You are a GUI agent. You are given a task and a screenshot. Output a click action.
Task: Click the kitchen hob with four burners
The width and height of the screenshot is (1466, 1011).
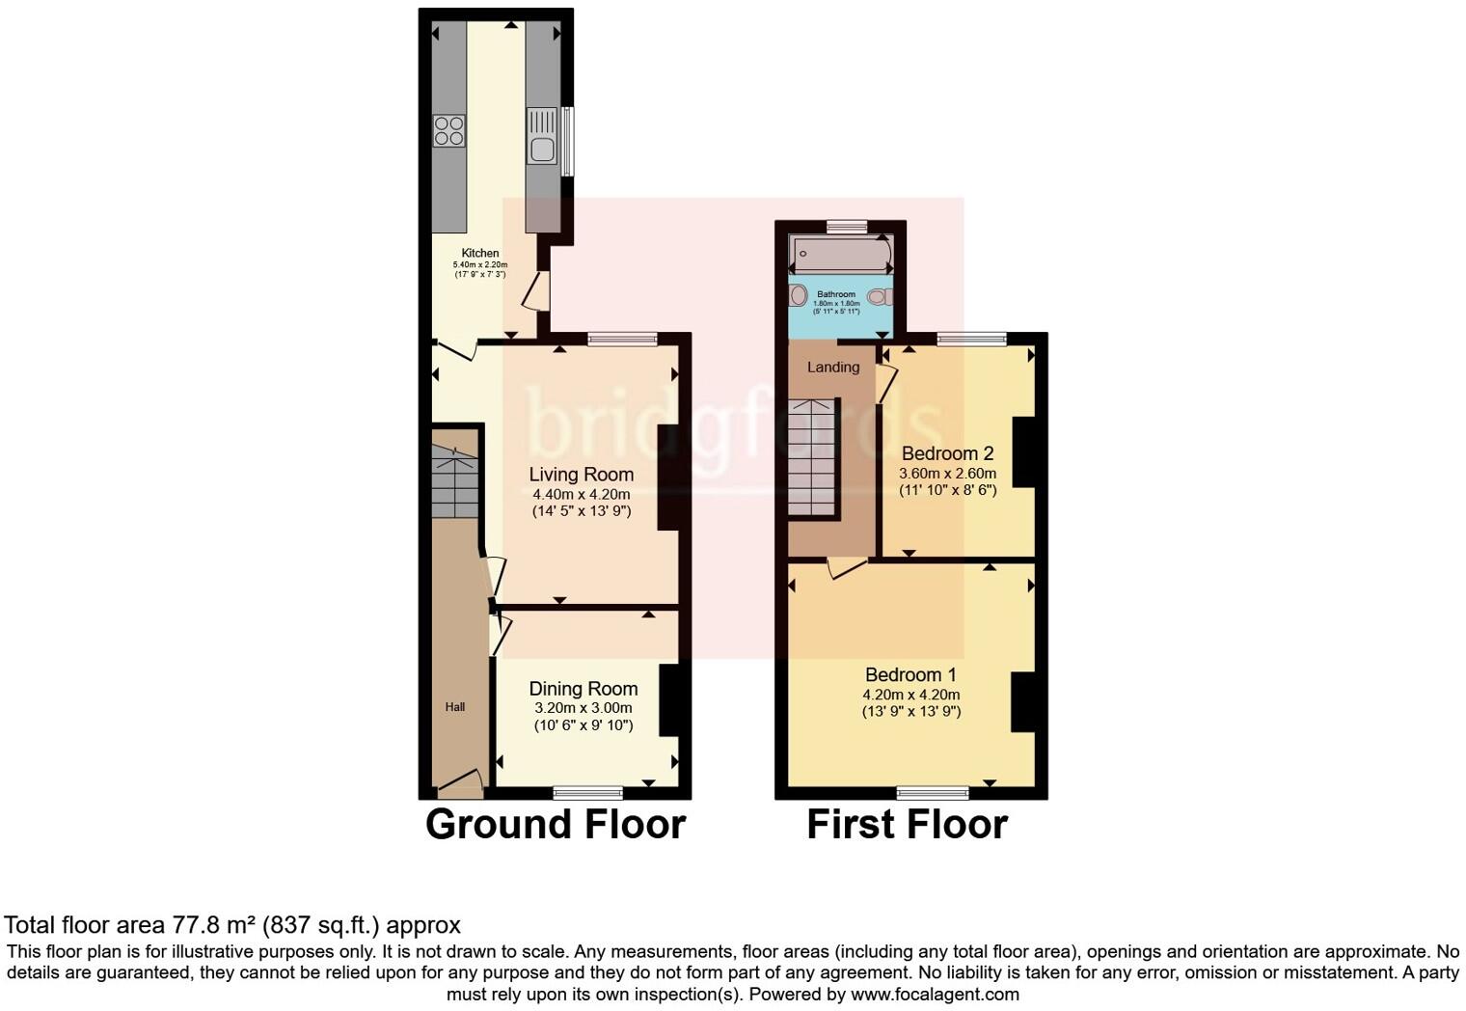(449, 130)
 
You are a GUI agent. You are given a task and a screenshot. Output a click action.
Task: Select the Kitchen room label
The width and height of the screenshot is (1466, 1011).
(480, 253)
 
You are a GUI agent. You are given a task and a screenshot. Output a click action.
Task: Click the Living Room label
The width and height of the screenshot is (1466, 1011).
(581, 475)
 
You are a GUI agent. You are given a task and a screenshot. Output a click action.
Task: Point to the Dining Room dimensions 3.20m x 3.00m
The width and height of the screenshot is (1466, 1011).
(584, 707)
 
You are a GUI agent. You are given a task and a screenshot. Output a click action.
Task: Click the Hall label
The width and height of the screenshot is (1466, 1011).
(455, 707)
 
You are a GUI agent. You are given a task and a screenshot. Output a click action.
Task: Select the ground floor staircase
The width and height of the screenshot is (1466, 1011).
(454, 482)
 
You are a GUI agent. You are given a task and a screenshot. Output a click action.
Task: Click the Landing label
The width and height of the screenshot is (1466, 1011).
(833, 368)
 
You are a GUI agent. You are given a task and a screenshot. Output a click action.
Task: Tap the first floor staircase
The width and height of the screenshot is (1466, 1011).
(811, 458)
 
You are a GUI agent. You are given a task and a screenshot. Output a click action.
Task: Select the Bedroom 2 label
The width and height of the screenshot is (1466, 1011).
(947, 453)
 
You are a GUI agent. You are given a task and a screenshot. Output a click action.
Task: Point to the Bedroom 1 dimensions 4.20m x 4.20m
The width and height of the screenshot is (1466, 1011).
(910, 695)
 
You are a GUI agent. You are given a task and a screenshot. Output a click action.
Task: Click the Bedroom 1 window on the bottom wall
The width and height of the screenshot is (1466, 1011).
(933, 793)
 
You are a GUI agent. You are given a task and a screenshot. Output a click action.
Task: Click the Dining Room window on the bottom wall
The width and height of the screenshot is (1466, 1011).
(588, 793)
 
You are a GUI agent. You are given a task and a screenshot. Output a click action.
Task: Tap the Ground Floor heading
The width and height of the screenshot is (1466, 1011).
(556, 825)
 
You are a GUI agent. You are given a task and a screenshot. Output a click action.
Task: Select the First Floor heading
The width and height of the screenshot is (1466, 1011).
(907, 825)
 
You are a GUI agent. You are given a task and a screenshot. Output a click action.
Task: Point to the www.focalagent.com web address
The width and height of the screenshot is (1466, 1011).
(935, 994)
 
